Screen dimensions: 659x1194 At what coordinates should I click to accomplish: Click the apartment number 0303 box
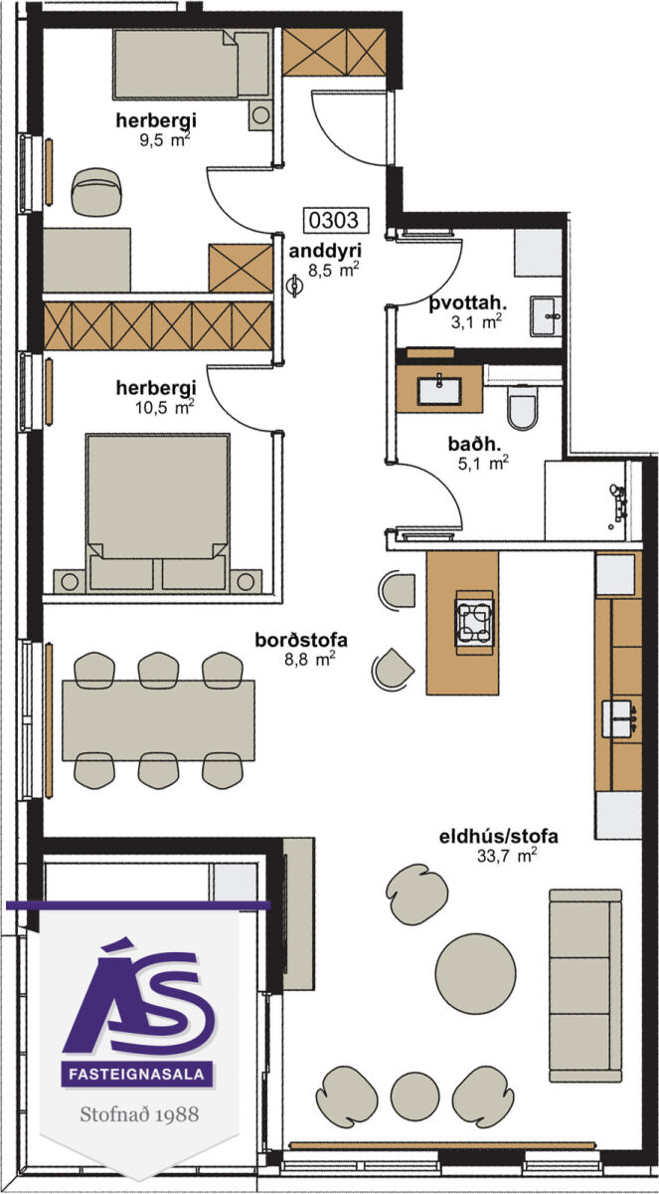(x=336, y=220)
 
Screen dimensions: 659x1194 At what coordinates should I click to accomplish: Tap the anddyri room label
(x=325, y=251)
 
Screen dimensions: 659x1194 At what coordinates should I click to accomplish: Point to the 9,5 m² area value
(x=164, y=140)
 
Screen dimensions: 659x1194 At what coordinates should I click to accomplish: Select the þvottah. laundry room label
(x=467, y=302)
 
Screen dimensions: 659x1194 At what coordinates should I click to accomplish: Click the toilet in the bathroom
(x=523, y=407)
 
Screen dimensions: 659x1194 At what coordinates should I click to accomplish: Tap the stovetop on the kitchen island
(x=474, y=623)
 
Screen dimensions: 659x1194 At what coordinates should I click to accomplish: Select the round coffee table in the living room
(x=475, y=973)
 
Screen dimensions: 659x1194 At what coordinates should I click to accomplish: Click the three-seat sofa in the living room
(x=585, y=985)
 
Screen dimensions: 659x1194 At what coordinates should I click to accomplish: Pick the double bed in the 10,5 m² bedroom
(x=158, y=511)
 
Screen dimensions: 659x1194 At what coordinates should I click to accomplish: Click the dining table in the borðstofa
(x=159, y=720)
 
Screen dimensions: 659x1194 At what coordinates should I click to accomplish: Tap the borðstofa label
(x=301, y=640)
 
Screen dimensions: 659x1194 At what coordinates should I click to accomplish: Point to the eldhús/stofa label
(x=498, y=837)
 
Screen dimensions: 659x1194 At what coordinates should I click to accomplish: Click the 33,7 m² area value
(x=506, y=856)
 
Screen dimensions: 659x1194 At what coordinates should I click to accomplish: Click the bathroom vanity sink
(x=439, y=390)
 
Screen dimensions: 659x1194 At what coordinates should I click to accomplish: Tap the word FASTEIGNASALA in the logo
(x=137, y=1074)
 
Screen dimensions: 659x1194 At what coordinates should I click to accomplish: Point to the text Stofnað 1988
(x=139, y=1114)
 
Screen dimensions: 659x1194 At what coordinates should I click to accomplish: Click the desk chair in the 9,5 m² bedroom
(x=97, y=192)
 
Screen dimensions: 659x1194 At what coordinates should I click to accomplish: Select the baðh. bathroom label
(x=474, y=444)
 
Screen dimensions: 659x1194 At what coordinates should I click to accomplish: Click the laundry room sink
(x=546, y=316)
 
